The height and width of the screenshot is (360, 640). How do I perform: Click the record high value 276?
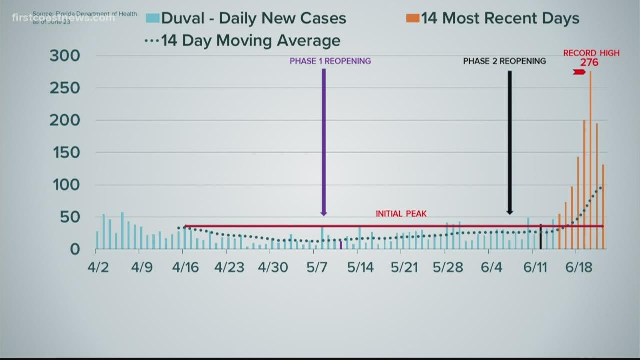[589, 63]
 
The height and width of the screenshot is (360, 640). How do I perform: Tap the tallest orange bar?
[590, 160]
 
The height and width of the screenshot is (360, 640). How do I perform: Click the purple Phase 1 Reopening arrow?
[324, 140]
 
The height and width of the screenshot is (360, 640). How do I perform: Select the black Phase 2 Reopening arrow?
[510, 140]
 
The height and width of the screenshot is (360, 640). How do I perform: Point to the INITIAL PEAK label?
[401, 214]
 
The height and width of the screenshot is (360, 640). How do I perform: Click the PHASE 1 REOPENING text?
[330, 61]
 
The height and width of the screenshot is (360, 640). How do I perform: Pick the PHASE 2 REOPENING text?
[504, 61]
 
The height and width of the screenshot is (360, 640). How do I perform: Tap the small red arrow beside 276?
[579, 72]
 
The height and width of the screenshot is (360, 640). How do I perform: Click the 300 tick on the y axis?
[65, 56]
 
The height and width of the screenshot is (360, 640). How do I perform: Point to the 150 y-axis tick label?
[65, 153]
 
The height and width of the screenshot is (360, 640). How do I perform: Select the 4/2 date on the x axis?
[98, 268]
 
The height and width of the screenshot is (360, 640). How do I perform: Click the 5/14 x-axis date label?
[360, 268]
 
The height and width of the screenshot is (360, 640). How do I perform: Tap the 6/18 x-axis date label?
[579, 268]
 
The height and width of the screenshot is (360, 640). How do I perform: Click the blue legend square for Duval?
[152, 19]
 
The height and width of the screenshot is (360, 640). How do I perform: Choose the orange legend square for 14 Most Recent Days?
[412, 19]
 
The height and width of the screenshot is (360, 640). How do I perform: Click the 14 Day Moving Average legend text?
[250, 41]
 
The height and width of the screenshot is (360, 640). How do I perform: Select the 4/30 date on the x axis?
[273, 268]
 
